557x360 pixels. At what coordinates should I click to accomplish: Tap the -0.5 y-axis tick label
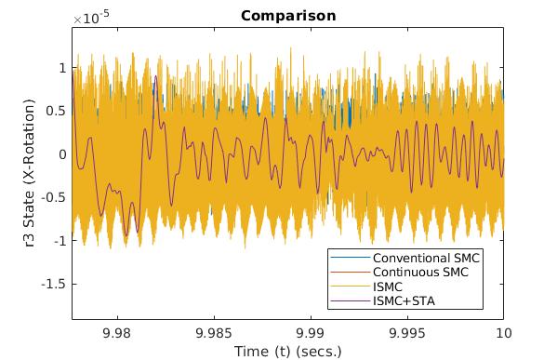pos(54,197)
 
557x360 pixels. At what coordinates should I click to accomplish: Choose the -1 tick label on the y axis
pos(58,240)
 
